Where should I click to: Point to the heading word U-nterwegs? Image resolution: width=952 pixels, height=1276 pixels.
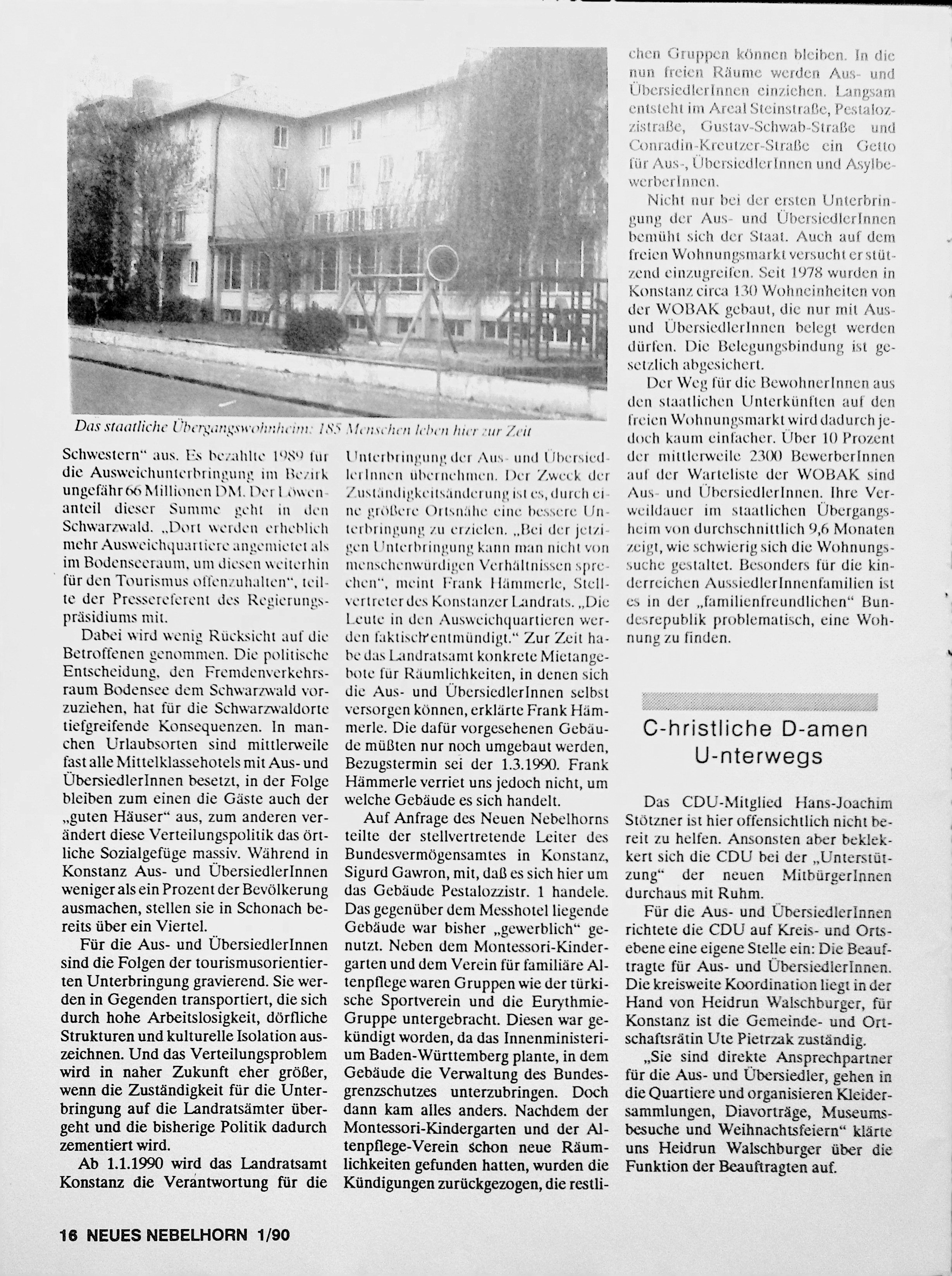tap(759, 755)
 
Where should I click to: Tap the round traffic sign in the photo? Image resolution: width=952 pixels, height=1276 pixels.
tap(444, 263)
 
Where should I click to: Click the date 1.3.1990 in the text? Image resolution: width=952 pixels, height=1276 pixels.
tap(525, 765)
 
